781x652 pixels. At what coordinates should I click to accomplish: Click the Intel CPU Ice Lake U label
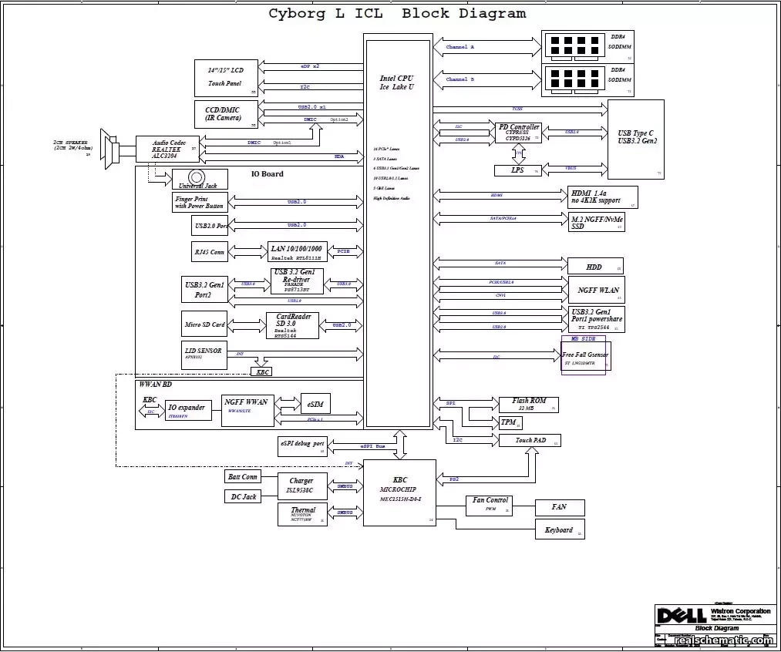click(396, 83)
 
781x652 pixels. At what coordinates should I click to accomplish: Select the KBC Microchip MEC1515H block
click(399, 490)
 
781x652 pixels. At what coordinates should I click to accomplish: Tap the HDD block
click(594, 267)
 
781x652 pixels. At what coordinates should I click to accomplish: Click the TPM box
click(509, 422)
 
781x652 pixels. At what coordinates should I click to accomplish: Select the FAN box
click(559, 507)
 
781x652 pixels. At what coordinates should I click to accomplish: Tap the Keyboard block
click(559, 529)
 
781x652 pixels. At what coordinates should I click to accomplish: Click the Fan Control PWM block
click(490, 504)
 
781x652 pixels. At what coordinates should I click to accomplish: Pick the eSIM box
click(315, 405)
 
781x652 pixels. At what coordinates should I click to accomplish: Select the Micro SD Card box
click(205, 324)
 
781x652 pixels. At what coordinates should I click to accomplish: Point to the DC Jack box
click(244, 497)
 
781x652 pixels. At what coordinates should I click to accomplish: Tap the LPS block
click(517, 170)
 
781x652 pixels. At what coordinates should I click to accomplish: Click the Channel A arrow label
click(460, 48)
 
